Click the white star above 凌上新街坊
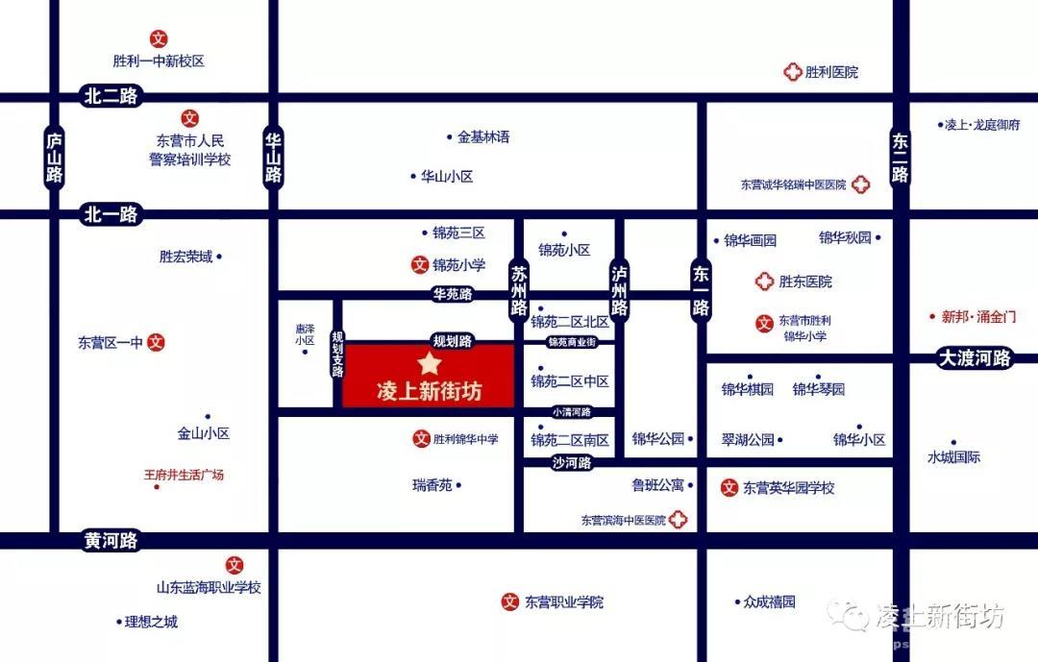click(429, 364)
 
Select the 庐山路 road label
click(55, 156)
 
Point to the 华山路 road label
click(274, 157)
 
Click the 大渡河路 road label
click(975, 358)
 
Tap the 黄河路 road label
click(111, 541)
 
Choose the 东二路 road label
click(900, 157)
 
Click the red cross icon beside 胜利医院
click(793, 72)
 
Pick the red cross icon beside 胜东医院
click(764, 282)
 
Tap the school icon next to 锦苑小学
click(419, 265)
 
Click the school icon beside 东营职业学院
click(510, 602)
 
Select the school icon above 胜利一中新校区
click(159, 39)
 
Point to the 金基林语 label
click(483, 137)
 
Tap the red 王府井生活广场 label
click(184, 475)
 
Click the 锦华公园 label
click(658, 439)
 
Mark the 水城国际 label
click(953, 457)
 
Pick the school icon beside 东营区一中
click(157, 342)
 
